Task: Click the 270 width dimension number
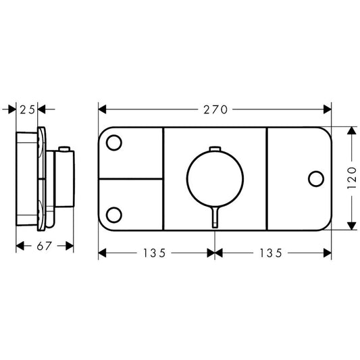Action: [x=215, y=109]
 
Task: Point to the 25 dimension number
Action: [x=27, y=109]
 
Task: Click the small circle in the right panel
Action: [x=315, y=179]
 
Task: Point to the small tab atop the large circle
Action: [x=215, y=149]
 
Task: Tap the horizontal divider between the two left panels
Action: [x=132, y=179]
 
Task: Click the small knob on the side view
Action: [x=65, y=149]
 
